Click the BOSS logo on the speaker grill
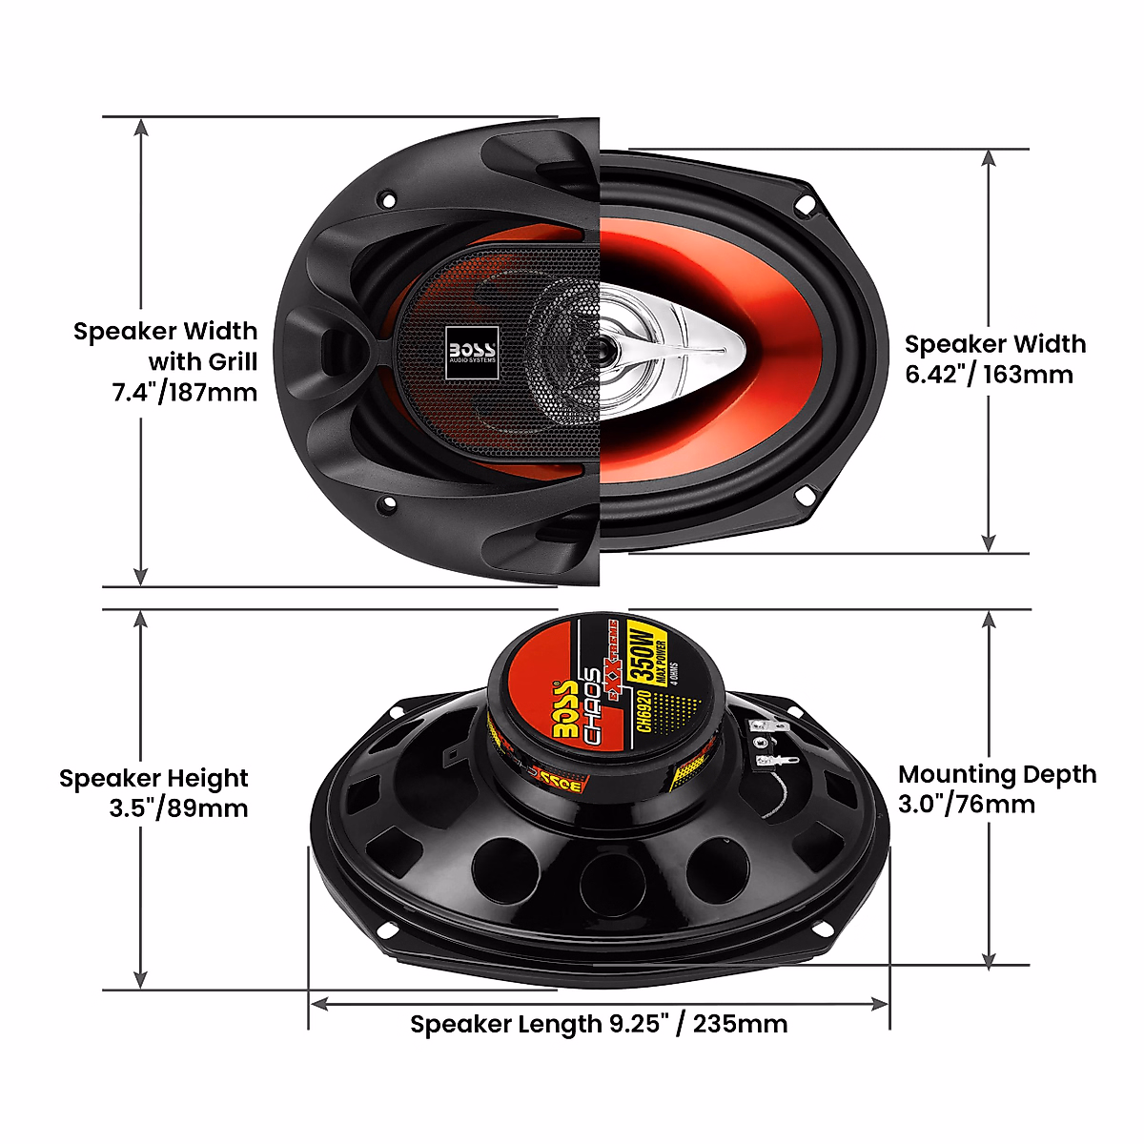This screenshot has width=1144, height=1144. [472, 351]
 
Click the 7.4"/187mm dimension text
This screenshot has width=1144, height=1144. [185, 392]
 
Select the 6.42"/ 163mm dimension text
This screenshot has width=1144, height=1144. [989, 375]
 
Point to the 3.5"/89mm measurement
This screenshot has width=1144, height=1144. [178, 808]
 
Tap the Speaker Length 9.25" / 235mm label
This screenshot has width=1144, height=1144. [599, 1025]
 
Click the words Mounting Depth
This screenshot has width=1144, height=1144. [997, 774]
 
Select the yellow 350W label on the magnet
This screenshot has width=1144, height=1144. [641, 650]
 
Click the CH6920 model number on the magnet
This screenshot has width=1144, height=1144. [644, 711]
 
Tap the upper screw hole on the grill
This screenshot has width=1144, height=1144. [386, 199]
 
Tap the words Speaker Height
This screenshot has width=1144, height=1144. [153, 779]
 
